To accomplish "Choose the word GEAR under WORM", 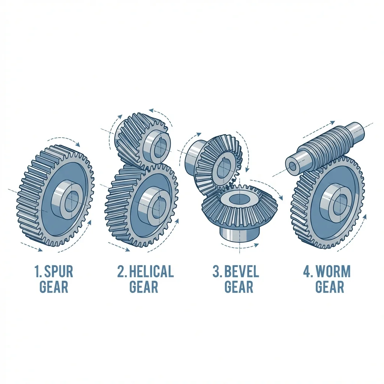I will [330, 287].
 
